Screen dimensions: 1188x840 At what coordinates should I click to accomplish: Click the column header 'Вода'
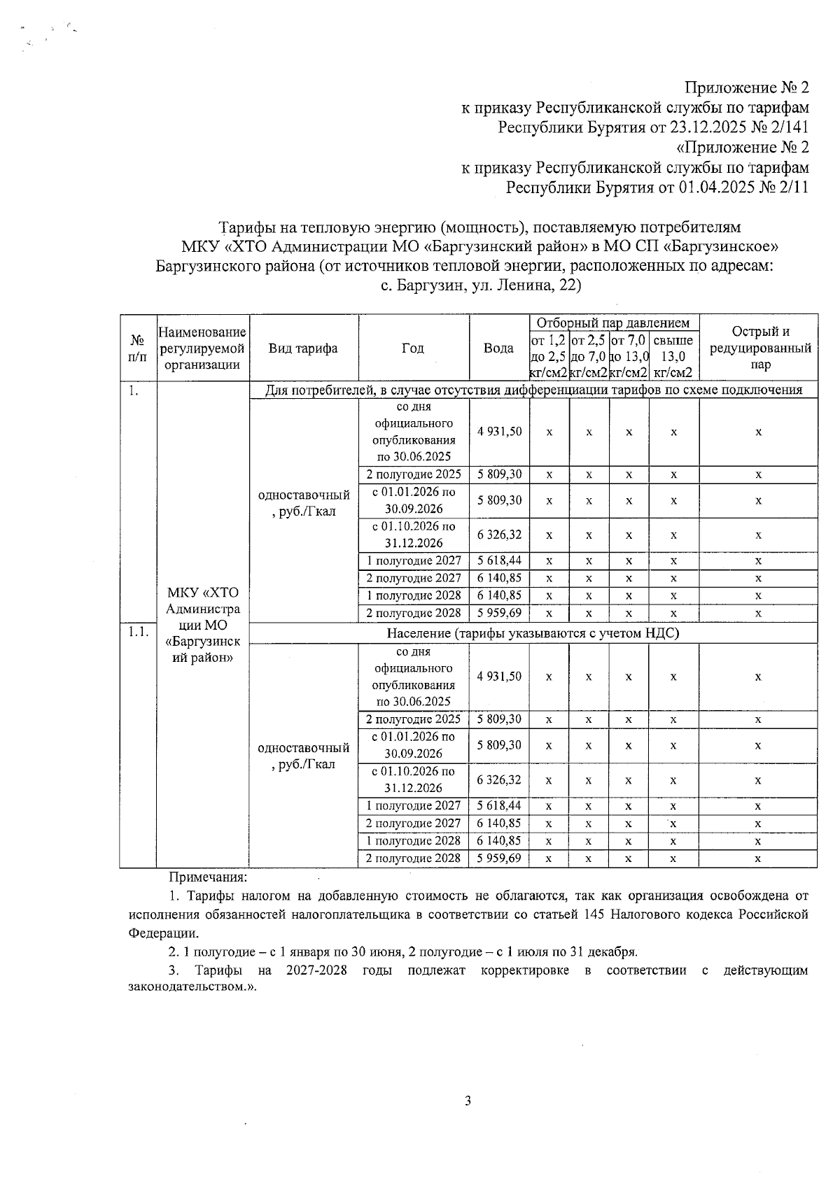[x=498, y=348]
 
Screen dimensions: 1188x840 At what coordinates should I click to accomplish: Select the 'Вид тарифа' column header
[x=303, y=348]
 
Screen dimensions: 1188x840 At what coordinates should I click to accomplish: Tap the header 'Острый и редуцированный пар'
[x=759, y=348]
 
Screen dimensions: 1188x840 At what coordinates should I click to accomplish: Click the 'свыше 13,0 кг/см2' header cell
[x=673, y=356]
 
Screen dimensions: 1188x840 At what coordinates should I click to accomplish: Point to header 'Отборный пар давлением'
[x=613, y=323]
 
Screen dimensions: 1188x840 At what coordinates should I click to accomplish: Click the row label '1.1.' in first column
[x=138, y=631]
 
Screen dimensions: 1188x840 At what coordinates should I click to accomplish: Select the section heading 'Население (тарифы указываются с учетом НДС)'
[x=533, y=633]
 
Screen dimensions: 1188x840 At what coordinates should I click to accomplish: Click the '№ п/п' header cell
[x=138, y=348]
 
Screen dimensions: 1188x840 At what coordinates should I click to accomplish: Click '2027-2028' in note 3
[x=317, y=970]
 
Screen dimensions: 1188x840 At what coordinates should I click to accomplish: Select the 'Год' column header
[x=413, y=348]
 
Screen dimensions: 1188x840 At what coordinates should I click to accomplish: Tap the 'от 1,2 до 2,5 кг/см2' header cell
[x=549, y=356]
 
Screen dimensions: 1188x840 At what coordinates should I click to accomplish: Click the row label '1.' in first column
[x=133, y=390]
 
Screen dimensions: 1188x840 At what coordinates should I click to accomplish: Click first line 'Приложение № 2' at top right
[x=746, y=87]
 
